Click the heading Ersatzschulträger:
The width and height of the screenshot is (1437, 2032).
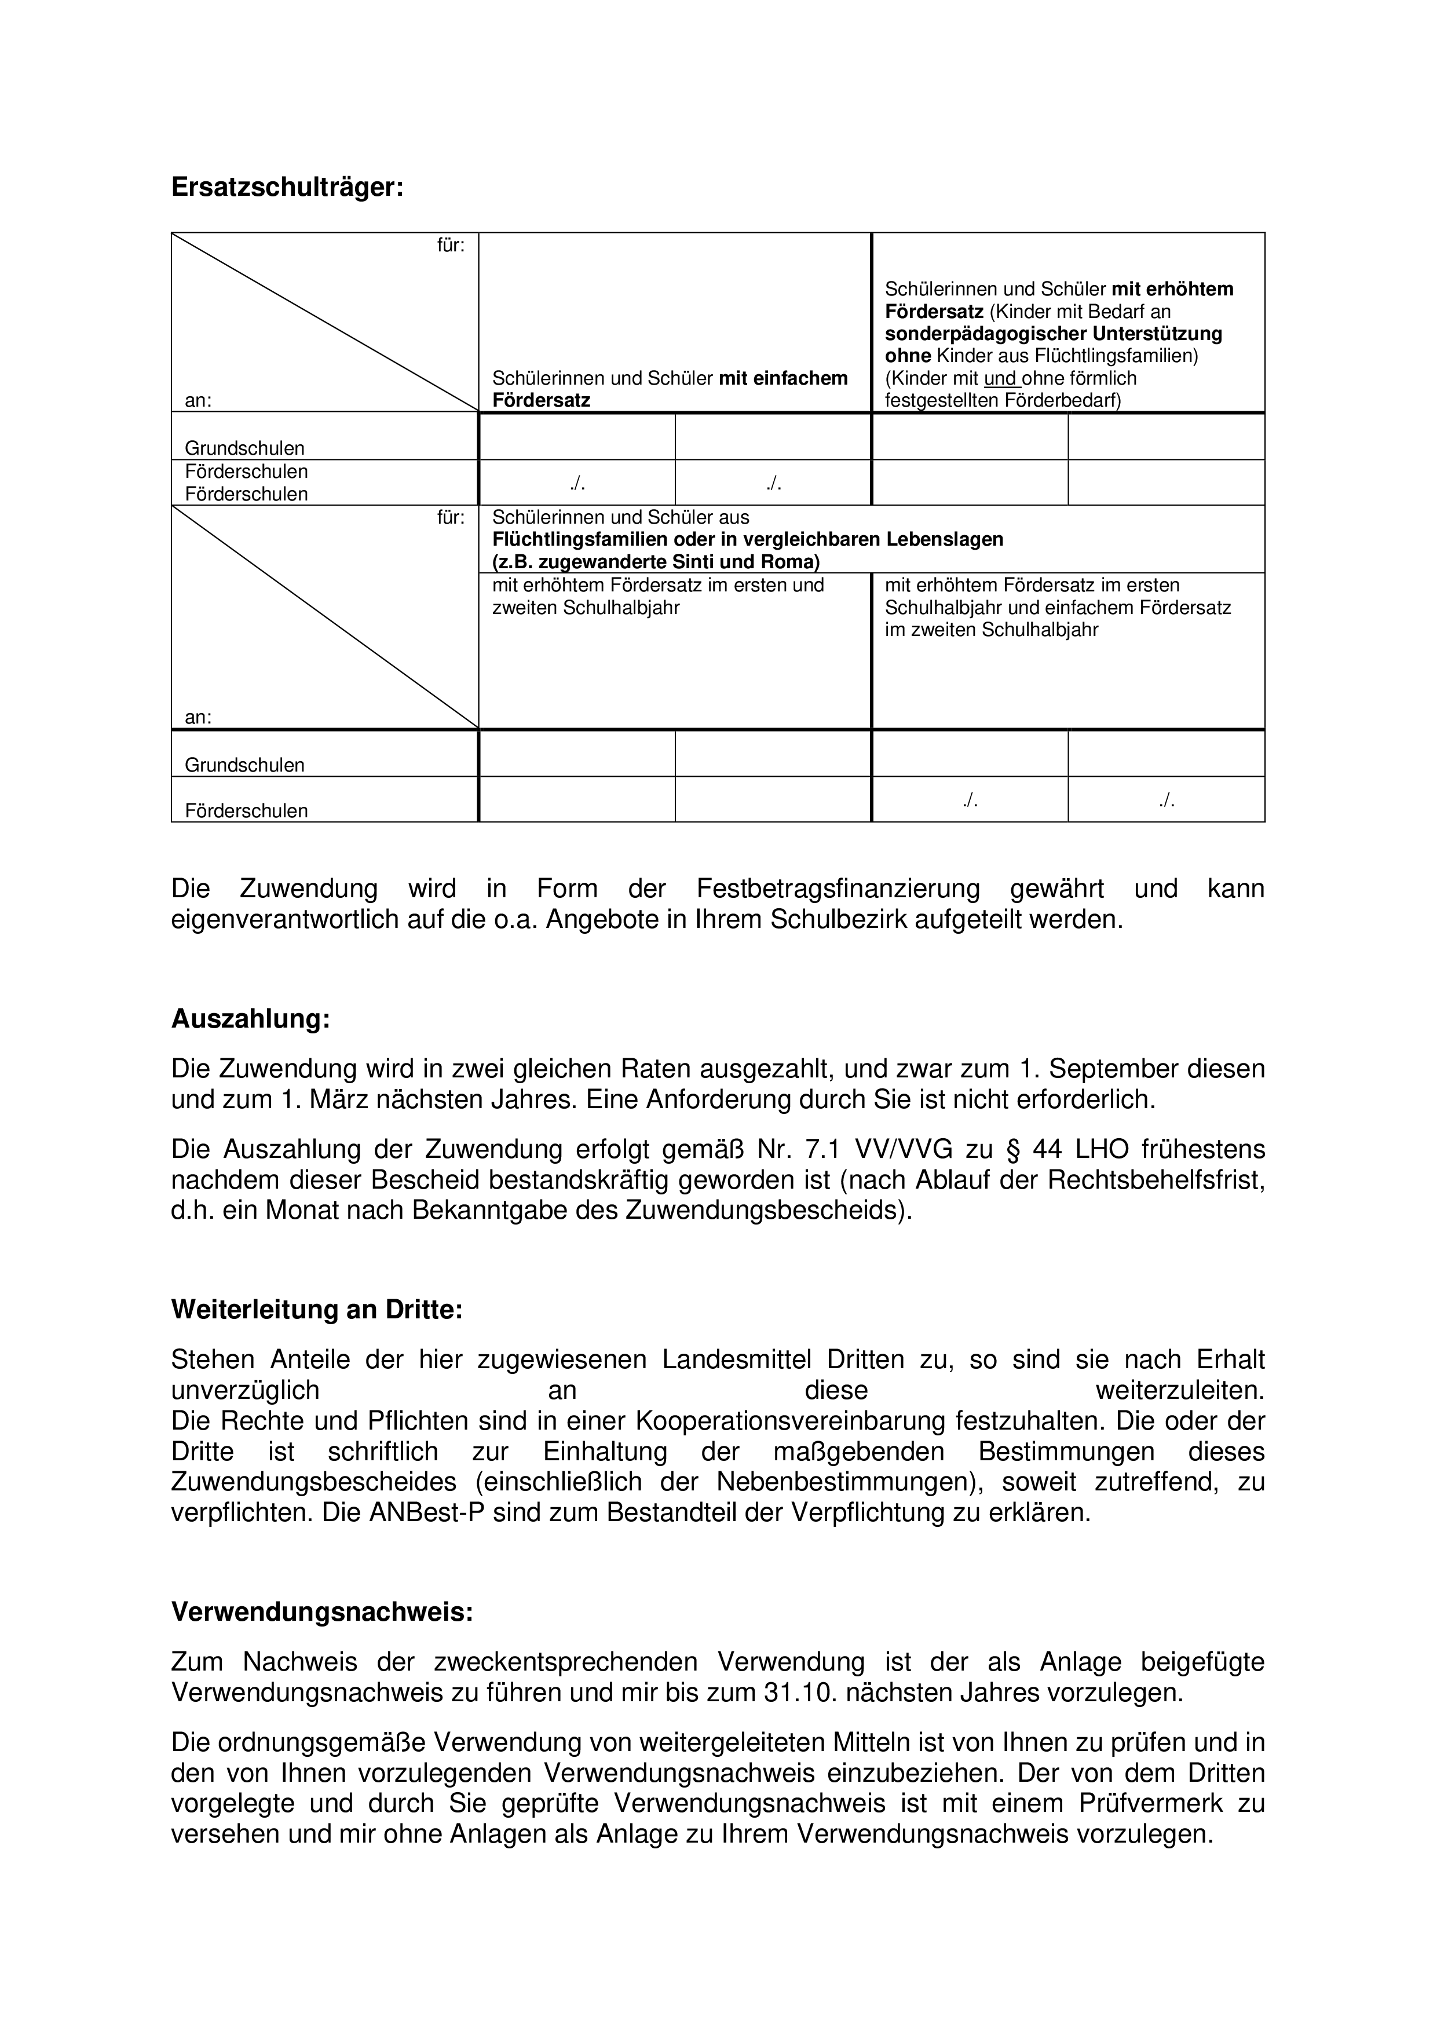[287, 188]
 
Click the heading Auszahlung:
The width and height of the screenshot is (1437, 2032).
[250, 1019]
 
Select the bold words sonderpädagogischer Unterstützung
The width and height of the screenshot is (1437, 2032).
[1053, 334]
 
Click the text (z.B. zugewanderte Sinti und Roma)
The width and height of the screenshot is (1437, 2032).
[656, 562]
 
